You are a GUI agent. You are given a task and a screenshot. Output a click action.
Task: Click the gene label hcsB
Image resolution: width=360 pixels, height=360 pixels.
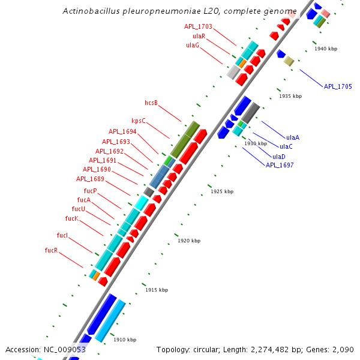tap(151, 103)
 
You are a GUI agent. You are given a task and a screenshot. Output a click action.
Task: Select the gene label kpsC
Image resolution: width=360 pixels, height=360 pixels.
tap(139, 121)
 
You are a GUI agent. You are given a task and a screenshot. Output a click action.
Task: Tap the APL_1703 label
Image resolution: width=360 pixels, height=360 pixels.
tap(198, 27)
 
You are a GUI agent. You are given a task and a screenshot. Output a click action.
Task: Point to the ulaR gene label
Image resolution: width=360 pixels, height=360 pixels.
tap(199, 36)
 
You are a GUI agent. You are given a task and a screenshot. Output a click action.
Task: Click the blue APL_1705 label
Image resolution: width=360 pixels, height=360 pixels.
tap(338, 86)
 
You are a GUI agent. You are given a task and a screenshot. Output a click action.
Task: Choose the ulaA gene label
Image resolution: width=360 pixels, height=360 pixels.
tap(293, 137)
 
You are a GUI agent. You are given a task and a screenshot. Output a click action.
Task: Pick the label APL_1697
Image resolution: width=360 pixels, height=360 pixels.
tap(280, 165)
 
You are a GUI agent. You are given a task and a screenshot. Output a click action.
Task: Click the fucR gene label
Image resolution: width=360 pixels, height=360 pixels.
tap(51, 250)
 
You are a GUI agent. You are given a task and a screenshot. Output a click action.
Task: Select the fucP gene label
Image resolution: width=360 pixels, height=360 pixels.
tap(90, 191)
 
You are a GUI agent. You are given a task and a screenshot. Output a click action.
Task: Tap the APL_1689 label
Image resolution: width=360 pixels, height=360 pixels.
tap(90, 179)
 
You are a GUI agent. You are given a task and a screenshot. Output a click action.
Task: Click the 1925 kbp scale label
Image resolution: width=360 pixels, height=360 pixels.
tap(221, 191)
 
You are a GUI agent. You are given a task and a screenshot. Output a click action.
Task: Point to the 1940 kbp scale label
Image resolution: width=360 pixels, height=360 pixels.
tap(326, 49)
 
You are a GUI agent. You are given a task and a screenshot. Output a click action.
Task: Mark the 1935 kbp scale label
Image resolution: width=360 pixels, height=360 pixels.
tap(290, 96)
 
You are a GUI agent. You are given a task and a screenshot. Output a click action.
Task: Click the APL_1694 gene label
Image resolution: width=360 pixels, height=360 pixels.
tap(122, 131)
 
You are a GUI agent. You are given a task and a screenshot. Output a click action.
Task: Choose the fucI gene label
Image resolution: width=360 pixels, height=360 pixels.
tap(62, 235)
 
